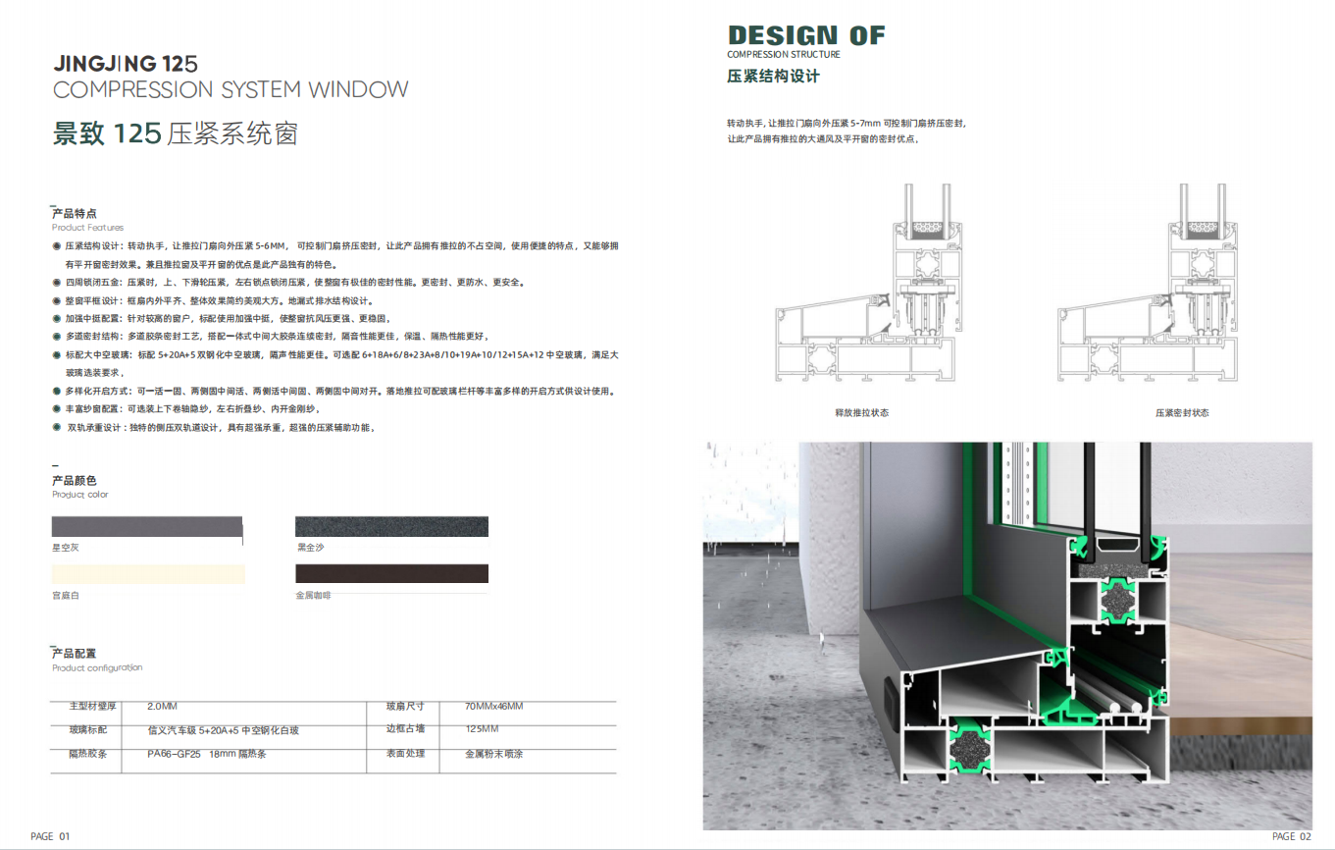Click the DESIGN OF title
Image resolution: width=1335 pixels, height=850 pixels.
coord(806,36)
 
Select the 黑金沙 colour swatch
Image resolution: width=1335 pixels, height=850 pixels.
coord(391,527)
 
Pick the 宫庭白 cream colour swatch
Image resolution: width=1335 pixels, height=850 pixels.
coord(147,574)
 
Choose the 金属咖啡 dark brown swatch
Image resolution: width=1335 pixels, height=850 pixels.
coord(391,574)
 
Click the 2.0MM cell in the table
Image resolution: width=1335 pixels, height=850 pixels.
coord(162,706)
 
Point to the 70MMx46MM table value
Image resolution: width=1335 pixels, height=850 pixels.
coord(493,706)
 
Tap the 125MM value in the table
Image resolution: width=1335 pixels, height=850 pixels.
coord(482,728)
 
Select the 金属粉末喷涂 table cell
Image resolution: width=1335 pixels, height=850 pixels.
coord(493,755)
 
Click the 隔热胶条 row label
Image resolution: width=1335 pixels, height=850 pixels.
coord(87,755)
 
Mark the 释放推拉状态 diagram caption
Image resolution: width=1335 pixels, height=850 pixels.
coord(861,413)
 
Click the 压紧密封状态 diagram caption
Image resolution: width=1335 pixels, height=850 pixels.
coord(1182,413)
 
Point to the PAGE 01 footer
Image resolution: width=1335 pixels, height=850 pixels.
coord(51,836)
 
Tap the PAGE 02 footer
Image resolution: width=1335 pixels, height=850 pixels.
coord(1291,836)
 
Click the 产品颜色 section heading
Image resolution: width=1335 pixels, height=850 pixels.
coord(75,481)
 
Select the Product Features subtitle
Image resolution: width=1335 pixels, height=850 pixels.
coord(87,228)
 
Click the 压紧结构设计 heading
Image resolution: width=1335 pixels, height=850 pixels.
coord(773,76)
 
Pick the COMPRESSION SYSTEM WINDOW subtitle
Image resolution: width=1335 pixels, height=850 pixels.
coord(231,90)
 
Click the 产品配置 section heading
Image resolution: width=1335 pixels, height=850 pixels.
coord(75,654)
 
